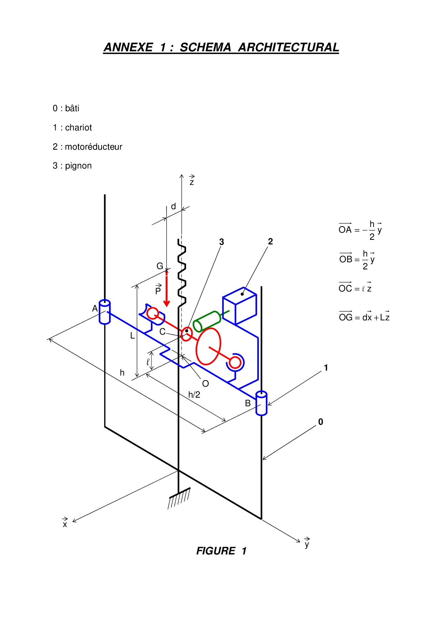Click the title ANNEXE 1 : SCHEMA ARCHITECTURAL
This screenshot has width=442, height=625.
[221, 47]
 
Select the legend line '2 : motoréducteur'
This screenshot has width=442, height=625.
[87, 147]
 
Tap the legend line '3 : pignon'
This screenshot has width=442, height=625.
[72, 166]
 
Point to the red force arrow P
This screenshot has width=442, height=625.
[166, 288]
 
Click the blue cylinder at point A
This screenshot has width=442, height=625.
[105, 312]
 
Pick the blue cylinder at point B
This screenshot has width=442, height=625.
[261, 403]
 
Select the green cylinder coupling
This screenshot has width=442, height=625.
[207, 321]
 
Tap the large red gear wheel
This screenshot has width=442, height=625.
[209, 346]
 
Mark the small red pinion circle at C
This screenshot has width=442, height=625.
[187, 334]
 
